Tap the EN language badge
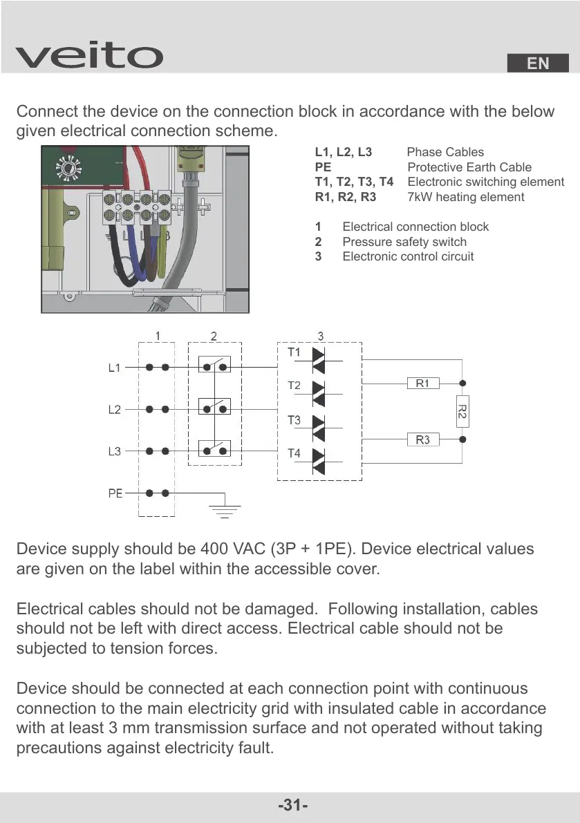[538, 64]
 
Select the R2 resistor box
[462, 411]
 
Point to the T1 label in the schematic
[294, 352]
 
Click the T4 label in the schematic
[294, 453]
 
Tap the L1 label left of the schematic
[115, 368]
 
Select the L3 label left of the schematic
[115, 452]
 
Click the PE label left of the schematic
[115, 494]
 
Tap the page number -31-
[292, 806]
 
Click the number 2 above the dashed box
[214, 337]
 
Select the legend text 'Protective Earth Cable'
[469, 167]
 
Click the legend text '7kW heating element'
[465, 197]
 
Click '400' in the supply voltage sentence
[214, 549]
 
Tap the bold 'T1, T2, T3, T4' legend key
[354, 182]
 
